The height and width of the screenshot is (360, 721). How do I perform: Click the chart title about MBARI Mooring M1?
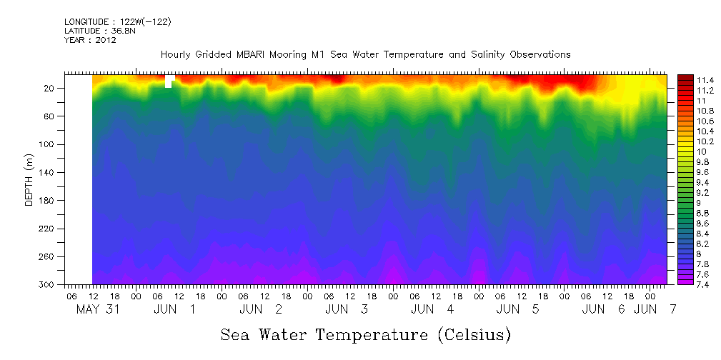365,54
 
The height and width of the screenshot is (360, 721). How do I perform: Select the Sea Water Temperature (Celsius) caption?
365,334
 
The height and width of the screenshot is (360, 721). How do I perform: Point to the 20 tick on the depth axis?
50,89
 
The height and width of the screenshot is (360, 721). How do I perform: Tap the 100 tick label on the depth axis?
48,144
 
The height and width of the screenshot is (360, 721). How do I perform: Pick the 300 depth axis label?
48,285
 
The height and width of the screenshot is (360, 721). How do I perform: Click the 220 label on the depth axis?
48,229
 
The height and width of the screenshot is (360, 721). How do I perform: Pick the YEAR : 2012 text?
90,40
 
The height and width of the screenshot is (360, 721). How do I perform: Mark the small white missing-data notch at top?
169,81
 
